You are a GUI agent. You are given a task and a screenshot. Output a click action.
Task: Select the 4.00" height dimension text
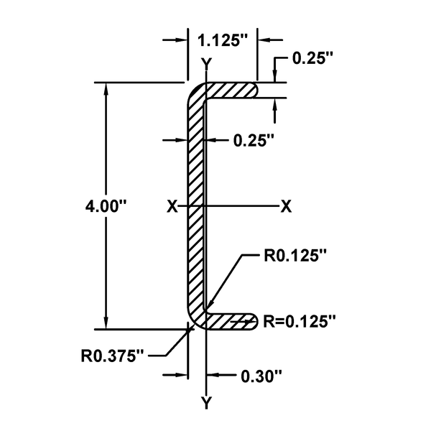[106, 207]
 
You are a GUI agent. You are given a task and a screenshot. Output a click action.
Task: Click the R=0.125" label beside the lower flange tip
[299, 321]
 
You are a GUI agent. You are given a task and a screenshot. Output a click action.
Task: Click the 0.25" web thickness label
[254, 142]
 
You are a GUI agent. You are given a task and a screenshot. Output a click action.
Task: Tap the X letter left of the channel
[172, 207]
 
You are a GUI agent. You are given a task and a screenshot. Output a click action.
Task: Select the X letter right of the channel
[286, 207]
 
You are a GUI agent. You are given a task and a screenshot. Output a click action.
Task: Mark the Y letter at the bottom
[207, 403]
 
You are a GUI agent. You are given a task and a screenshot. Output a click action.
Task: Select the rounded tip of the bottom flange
[253, 321]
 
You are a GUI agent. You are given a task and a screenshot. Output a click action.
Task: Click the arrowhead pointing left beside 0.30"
[211, 375]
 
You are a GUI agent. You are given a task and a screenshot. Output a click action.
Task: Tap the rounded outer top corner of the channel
[192, 92]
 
